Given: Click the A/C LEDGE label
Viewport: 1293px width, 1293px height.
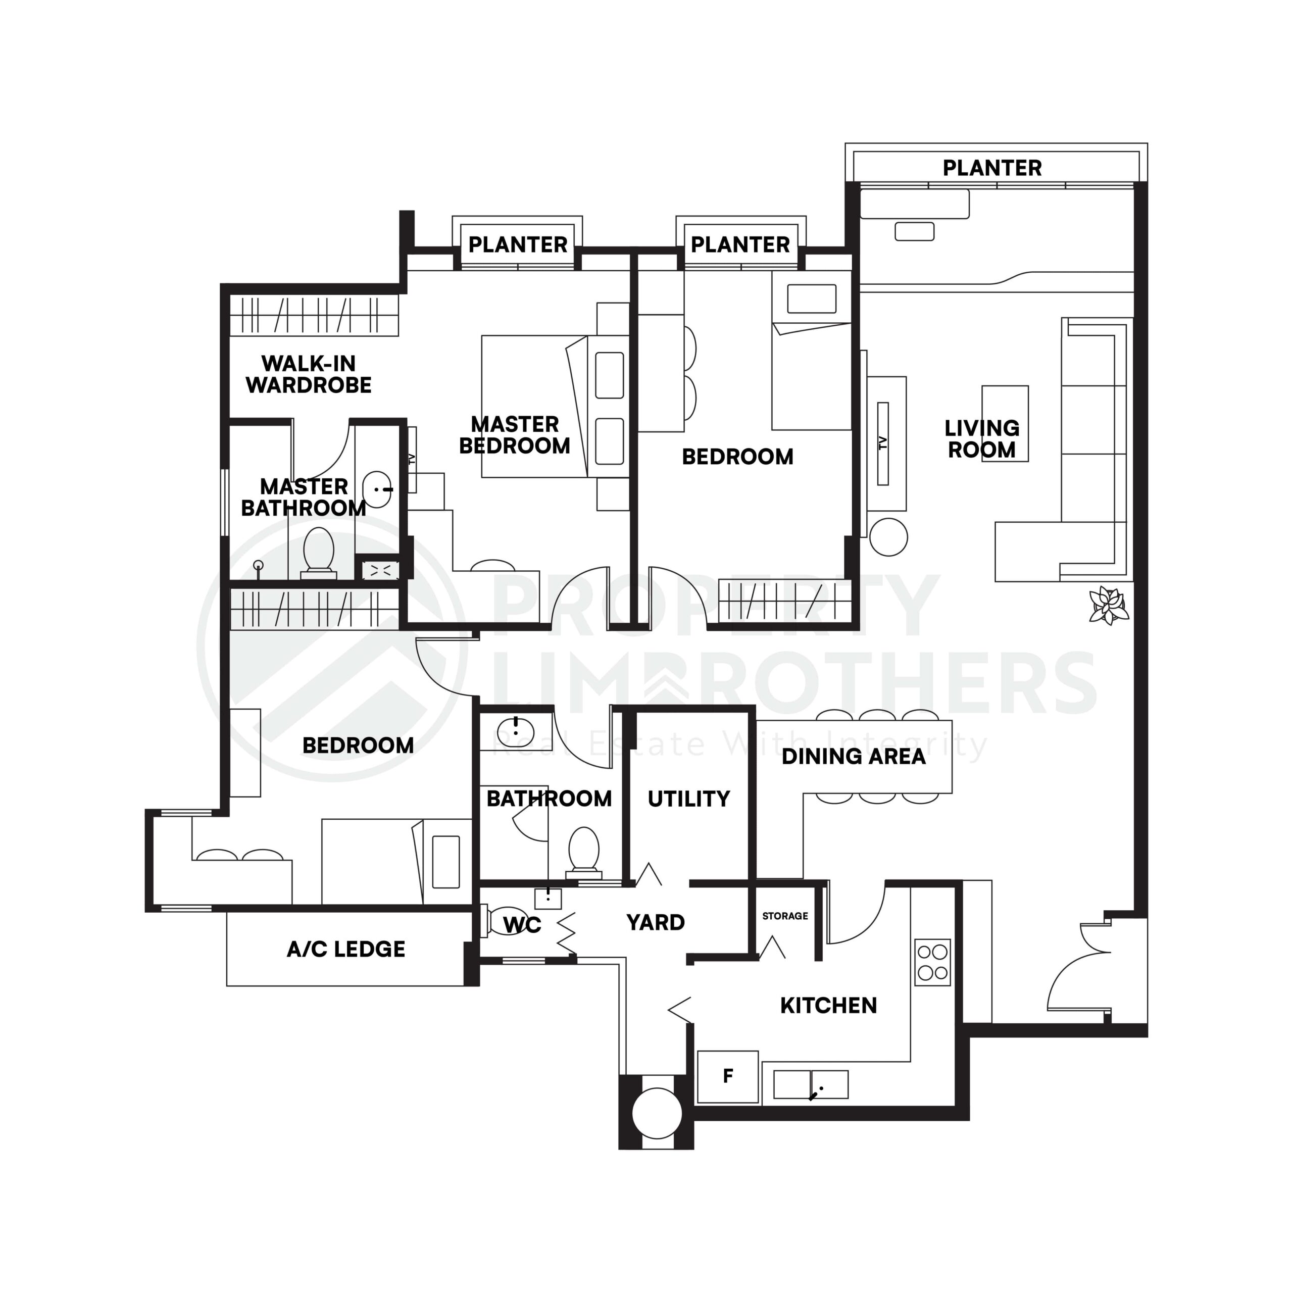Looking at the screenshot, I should (x=346, y=949).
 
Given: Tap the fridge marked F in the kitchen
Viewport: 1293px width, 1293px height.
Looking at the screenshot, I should (x=727, y=1076).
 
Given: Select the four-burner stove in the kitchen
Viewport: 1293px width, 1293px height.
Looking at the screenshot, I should (x=932, y=962).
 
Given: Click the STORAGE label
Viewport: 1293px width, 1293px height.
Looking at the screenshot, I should (x=785, y=916).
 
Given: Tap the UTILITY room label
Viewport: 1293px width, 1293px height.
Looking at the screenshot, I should (x=688, y=799).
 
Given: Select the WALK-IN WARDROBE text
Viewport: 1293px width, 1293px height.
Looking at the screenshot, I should (x=309, y=374).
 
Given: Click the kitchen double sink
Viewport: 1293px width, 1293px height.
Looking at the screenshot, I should (x=811, y=1084).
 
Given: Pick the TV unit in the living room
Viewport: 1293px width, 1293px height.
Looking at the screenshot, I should (x=883, y=443).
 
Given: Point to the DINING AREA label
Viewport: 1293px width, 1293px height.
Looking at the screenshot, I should (x=853, y=756).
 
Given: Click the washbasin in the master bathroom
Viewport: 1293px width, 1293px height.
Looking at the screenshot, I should (x=377, y=489).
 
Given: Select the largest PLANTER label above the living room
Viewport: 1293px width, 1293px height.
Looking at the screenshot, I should (x=992, y=168).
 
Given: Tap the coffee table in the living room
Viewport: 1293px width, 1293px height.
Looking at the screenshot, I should (x=1005, y=423).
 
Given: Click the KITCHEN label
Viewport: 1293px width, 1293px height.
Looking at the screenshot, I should (x=828, y=1005).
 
